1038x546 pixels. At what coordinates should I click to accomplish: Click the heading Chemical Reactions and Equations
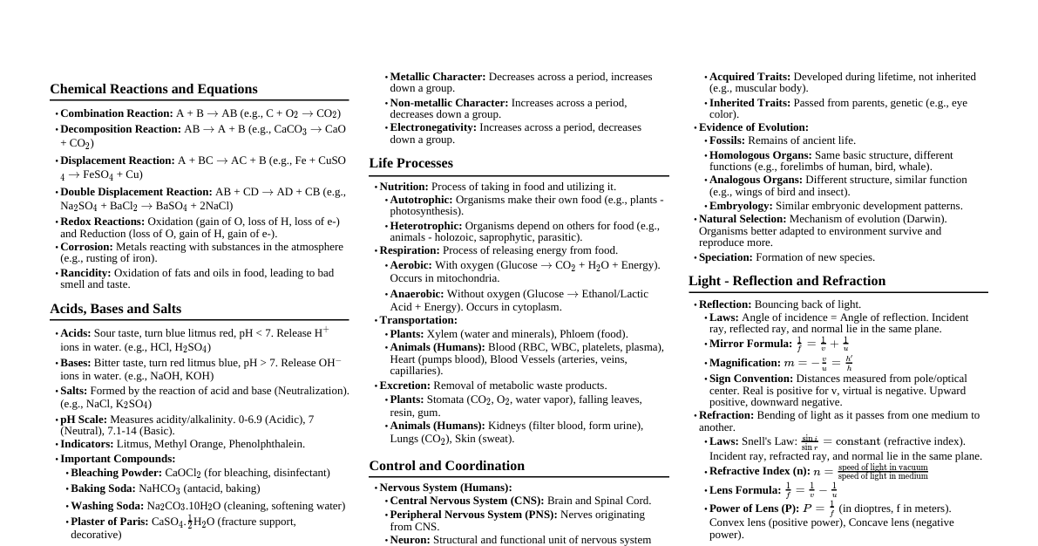(x=153, y=89)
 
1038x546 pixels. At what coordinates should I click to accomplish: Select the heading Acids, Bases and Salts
(x=115, y=309)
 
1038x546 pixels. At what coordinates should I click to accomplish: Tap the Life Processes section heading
(x=410, y=163)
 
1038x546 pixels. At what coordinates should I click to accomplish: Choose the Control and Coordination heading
(x=446, y=466)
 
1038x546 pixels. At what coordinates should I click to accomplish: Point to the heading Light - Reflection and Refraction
(x=786, y=281)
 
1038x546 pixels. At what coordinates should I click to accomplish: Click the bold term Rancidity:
(x=85, y=273)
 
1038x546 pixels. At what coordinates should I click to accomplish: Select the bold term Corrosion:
(x=86, y=247)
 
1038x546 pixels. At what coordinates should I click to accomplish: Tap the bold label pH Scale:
(x=84, y=420)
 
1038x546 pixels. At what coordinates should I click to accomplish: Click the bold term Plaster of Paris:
(x=110, y=522)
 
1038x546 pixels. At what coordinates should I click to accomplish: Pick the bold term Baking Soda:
(x=103, y=488)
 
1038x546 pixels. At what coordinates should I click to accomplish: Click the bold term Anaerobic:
(x=417, y=294)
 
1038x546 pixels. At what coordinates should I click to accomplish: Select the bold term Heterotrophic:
(x=426, y=226)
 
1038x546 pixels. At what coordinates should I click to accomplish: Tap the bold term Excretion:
(x=405, y=386)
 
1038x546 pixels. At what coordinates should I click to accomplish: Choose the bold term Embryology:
(x=741, y=206)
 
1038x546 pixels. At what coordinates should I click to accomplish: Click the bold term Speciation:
(x=726, y=257)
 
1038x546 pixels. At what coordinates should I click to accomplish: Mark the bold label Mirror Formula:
(x=750, y=344)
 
